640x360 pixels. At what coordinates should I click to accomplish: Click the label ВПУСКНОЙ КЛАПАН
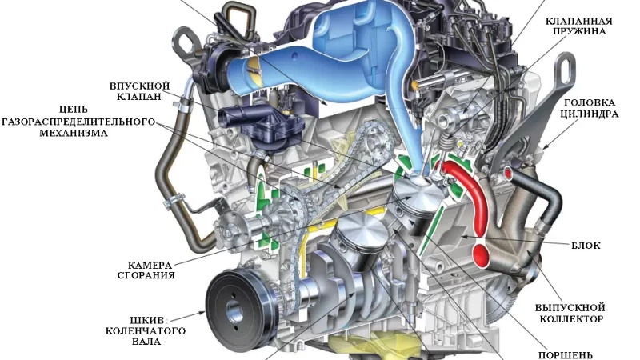pyautogui.click(x=139, y=91)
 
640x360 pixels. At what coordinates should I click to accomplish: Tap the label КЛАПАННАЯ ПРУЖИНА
pyautogui.click(x=579, y=26)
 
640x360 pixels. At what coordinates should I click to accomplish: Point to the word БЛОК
pyautogui.click(x=586, y=246)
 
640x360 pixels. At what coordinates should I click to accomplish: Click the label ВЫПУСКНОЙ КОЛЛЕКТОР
pyautogui.click(x=570, y=313)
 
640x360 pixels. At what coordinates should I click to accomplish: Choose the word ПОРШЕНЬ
pyautogui.click(x=565, y=355)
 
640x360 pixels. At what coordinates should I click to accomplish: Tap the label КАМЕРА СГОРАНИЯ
pyautogui.click(x=146, y=270)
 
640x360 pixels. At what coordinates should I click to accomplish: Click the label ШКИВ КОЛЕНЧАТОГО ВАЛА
pyautogui.click(x=146, y=330)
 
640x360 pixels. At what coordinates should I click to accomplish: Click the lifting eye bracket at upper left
pyautogui.click(x=186, y=44)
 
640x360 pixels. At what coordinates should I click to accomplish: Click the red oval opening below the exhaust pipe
pyautogui.click(x=482, y=254)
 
